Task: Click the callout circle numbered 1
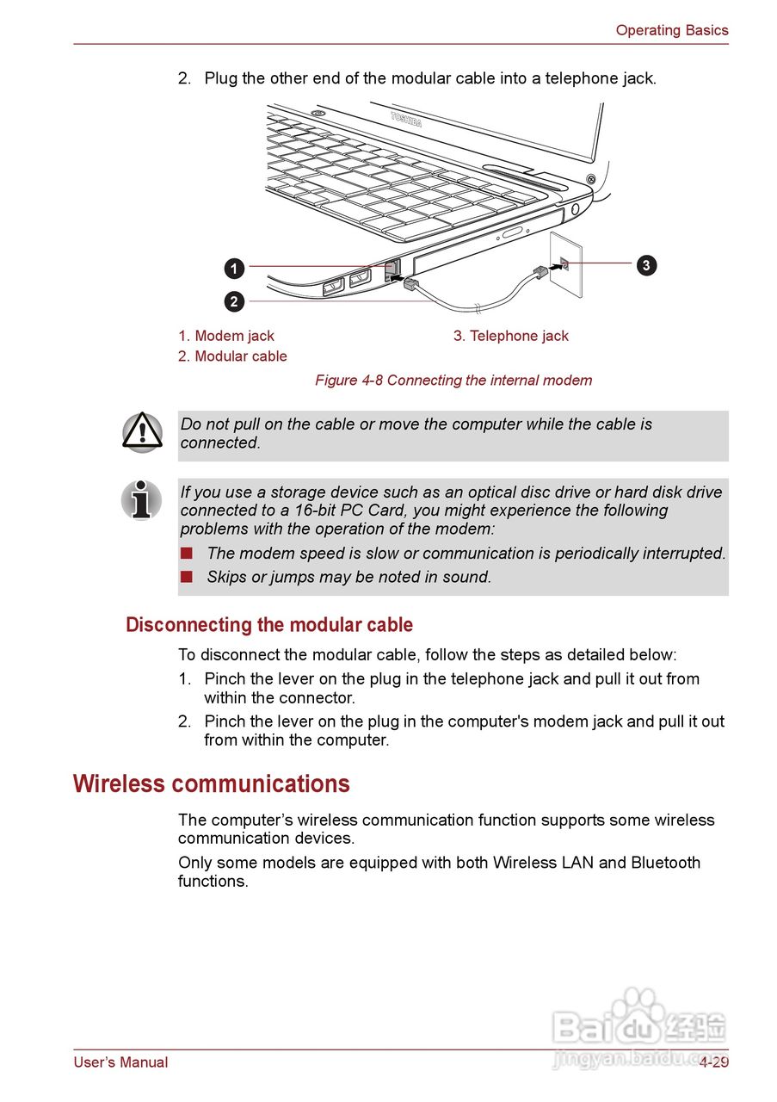234,269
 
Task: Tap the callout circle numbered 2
234,301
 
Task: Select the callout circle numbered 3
646,264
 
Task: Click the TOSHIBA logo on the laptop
406,119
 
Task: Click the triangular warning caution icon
142,432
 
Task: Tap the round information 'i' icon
142,500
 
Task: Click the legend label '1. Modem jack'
226,336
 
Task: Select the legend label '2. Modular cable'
232,356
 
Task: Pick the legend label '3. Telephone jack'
511,336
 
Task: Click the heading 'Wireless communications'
212,784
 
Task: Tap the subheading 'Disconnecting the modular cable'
269,625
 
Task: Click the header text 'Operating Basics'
671,30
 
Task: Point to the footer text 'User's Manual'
120,1062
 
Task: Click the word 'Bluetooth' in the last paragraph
665,863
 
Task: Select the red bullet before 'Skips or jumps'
186,577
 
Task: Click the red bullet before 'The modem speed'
186,553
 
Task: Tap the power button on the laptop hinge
591,179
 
